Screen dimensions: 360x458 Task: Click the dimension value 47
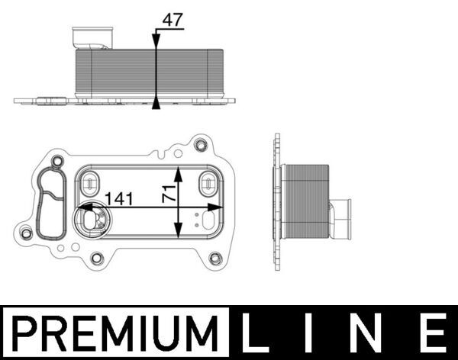tap(173, 20)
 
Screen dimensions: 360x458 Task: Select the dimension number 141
tap(119, 198)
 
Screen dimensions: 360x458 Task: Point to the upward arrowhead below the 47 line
tap(156, 103)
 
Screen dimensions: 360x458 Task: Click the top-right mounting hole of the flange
tap(201, 144)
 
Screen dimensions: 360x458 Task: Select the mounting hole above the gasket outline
tap(57, 160)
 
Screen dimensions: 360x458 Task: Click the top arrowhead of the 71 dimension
tap(179, 167)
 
